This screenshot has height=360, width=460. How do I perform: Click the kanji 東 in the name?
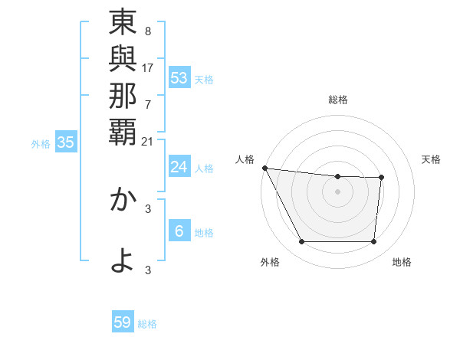pyautogui.click(x=123, y=23)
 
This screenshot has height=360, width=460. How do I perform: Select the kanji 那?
pyautogui.click(x=123, y=96)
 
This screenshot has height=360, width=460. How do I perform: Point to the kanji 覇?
pyautogui.click(x=123, y=131)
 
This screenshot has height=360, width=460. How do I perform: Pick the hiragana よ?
pyautogui.click(x=123, y=260)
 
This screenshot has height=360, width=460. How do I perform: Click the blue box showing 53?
pyautogui.click(x=179, y=77)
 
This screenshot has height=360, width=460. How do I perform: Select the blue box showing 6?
pyautogui.click(x=179, y=231)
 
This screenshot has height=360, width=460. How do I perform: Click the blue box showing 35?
pyautogui.click(x=66, y=142)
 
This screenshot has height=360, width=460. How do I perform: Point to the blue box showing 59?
pyautogui.click(x=123, y=322)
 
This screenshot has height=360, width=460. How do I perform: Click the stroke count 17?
pyautogui.click(x=148, y=67)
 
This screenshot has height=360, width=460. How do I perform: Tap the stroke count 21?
pyautogui.click(x=148, y=140)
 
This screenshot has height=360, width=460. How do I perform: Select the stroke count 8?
pyautogui.click(x=147, y=31)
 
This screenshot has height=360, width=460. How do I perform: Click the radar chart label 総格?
pyautogui.click(x=338, y=100)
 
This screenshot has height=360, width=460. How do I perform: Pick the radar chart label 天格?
pyautogui.click(x=432, y=159)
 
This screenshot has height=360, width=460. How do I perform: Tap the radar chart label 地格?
pyautogui.click(x=402, y=262)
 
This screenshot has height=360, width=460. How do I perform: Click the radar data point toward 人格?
pyautogui.click(x=264, y=168)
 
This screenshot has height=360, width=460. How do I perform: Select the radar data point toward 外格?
pyautogui.click(x=302, y=242)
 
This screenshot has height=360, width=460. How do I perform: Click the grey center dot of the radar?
pyautogui.click(x=338, y=191)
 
